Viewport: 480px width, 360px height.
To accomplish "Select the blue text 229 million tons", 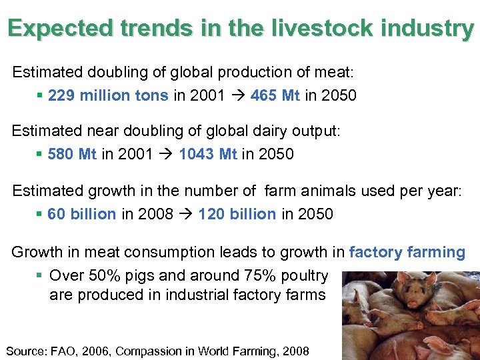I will [x=108, y=95].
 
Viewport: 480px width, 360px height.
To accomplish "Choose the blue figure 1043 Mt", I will [x=208, y=155].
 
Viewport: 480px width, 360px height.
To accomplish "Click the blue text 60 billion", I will [x=81, y=214].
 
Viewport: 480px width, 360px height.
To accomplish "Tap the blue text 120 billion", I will [x=237, y=214].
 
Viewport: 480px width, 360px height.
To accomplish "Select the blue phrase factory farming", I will [x=407, y=252].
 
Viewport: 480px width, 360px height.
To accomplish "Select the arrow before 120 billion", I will [x=186, y=214].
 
